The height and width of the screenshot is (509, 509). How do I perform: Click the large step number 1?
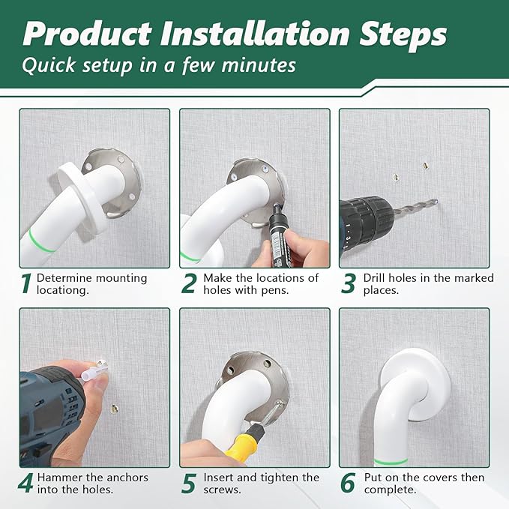[25, 283]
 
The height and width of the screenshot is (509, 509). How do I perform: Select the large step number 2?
[188, 283]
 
